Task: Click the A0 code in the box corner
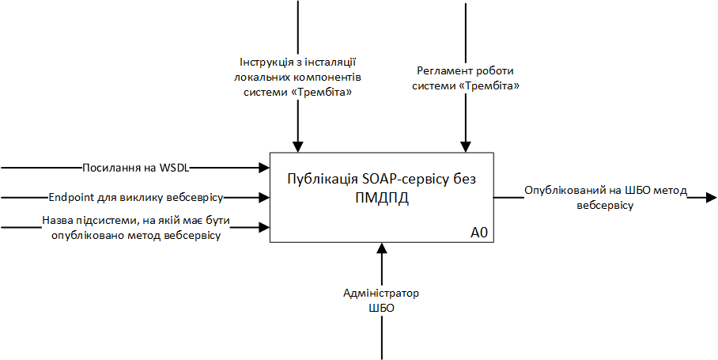point(479,233)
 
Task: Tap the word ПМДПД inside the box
point(381,198)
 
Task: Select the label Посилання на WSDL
point(137,168)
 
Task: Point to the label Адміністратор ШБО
point(381,301)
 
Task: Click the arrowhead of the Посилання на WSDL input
point(265,168)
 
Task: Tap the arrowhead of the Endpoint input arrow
point(265,197)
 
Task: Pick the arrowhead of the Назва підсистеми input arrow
point(265,228)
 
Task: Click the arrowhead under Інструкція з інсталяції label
point(297,146)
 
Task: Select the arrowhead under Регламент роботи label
point(466,146)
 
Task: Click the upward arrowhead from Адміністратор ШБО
point(381,248)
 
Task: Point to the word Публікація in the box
point(321,179)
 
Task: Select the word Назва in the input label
point(56,222)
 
